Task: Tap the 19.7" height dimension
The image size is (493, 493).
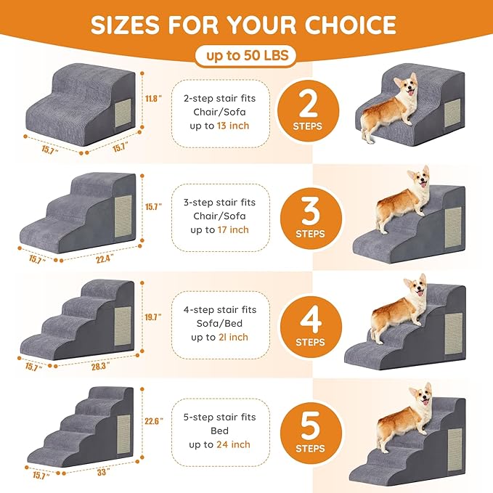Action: pyautogui.click(x=152, y=317)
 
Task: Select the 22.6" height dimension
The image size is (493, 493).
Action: pyautogui.click(x=152, y=420)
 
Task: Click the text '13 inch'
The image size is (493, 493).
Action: pyautogui.click(x=232, y=125)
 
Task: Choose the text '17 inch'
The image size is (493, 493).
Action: pyautogui.click(x=232, y=229)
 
